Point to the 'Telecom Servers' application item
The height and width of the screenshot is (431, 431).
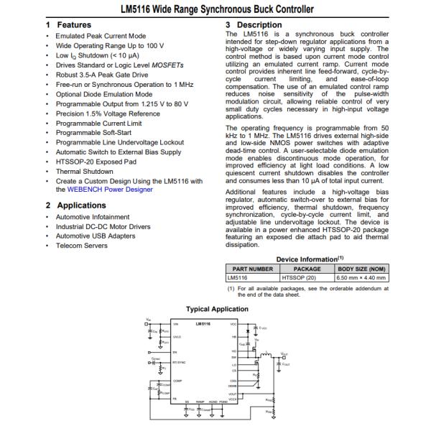tap(82, 246)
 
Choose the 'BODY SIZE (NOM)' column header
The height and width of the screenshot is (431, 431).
tap(362, 269)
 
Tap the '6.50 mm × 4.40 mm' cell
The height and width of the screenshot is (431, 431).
tap(362, 277)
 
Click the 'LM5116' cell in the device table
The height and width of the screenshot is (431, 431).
tap(237, 277)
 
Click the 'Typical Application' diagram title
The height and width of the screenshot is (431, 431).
tap(217, 310)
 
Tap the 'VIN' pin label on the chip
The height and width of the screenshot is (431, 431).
tap(177, 325)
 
